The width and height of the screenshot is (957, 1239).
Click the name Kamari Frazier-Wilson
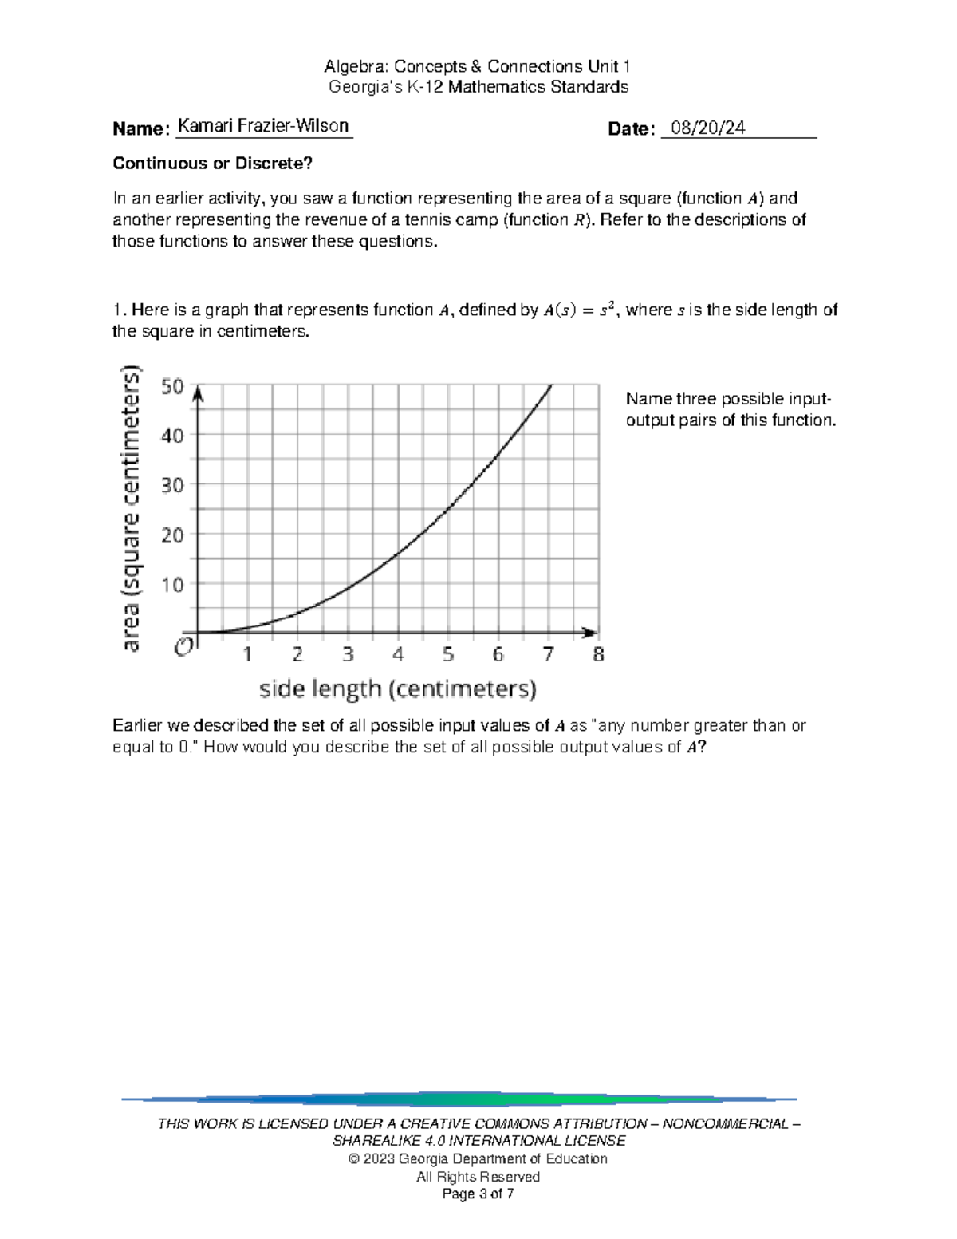(262, 126)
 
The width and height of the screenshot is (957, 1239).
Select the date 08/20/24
(707, 128)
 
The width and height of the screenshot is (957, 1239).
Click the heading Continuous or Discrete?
(212, 164)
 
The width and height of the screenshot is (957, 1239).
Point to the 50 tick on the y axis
(172, 387)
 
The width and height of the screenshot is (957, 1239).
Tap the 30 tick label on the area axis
(172, 485)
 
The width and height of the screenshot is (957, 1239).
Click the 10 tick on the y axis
(172, 585)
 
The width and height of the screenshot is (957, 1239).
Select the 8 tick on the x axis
(598, 655)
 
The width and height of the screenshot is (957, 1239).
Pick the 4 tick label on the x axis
(398, 655)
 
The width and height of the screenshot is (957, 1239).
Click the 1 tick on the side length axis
(248, 655)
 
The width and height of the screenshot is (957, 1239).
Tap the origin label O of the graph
(183, 647)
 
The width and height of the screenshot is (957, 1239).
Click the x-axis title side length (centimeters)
(397, 689)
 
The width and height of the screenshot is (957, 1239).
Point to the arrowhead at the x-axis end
(591, 633)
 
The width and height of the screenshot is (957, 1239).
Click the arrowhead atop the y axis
(199, 393)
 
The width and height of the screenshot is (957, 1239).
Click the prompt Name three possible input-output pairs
(730, 409)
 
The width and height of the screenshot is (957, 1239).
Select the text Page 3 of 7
(478, 1194)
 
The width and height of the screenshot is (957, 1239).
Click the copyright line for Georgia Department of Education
(478, 1158)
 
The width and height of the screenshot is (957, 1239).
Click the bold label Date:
(631, 129)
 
